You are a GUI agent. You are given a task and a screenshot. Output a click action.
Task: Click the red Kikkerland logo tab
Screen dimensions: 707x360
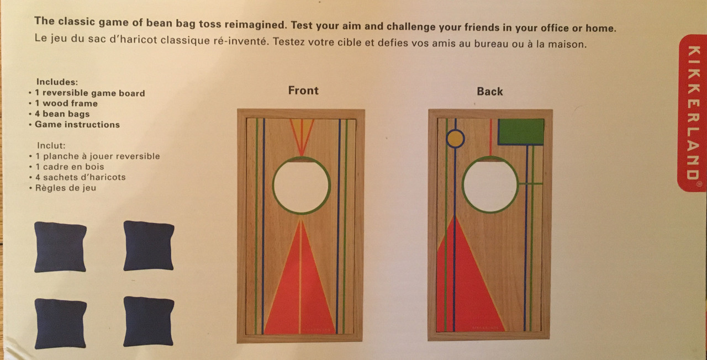click(x=693, y=113)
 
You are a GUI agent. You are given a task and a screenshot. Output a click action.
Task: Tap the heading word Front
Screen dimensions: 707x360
click(x=303, y=91)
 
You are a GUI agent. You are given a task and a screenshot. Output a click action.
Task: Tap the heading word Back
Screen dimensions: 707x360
click(x=489, y=92)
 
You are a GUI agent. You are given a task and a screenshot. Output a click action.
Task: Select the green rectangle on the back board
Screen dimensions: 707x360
click(x=521, y=131)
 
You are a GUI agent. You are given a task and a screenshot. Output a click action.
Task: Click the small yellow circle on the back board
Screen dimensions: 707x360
click(x=455, y=139)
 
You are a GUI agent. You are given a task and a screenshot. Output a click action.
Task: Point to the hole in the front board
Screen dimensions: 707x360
click(x=302, y=186)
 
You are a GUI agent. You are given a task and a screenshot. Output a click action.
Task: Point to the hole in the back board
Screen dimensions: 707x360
click(x=490, y=184)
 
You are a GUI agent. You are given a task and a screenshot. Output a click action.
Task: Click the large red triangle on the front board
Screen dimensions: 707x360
click(x=300, y=284)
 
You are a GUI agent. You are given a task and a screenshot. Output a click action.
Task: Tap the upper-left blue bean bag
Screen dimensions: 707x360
click(x=60, y=247)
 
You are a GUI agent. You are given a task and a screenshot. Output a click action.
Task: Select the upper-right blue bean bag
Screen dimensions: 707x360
click(x=149, y=246)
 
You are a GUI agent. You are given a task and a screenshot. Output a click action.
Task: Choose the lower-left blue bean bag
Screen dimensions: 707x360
click(x=60, y=324)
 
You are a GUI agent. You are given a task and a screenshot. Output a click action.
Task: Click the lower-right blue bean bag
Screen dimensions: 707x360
click(x=149, y=321)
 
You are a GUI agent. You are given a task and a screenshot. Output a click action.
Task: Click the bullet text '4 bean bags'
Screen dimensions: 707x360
click(x=62, y=114)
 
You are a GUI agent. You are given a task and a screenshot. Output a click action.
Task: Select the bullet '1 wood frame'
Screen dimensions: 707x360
click(x=66, y=103)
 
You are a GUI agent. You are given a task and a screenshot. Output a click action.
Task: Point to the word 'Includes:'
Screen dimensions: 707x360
click(x=57, y=82)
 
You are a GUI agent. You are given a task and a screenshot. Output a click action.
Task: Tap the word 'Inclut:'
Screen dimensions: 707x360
click(x=51, y=145)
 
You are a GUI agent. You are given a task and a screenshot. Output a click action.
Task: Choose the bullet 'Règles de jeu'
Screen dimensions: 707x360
click(x=66, y=188)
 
